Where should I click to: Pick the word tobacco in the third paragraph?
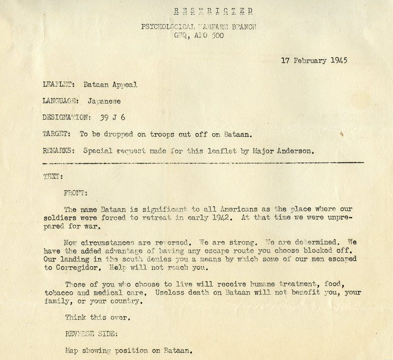pos(57,294)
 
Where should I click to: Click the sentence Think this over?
pos(97,318)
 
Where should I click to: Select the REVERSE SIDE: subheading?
pos(90,334)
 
